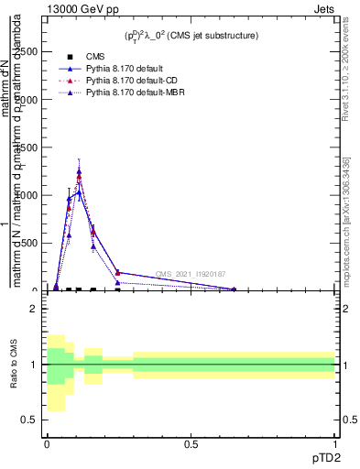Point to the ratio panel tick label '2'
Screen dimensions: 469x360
(x=34, y=309)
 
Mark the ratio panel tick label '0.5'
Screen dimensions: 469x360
(x=29, y=420)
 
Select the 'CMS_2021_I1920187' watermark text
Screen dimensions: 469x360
(x=191, y=274)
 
